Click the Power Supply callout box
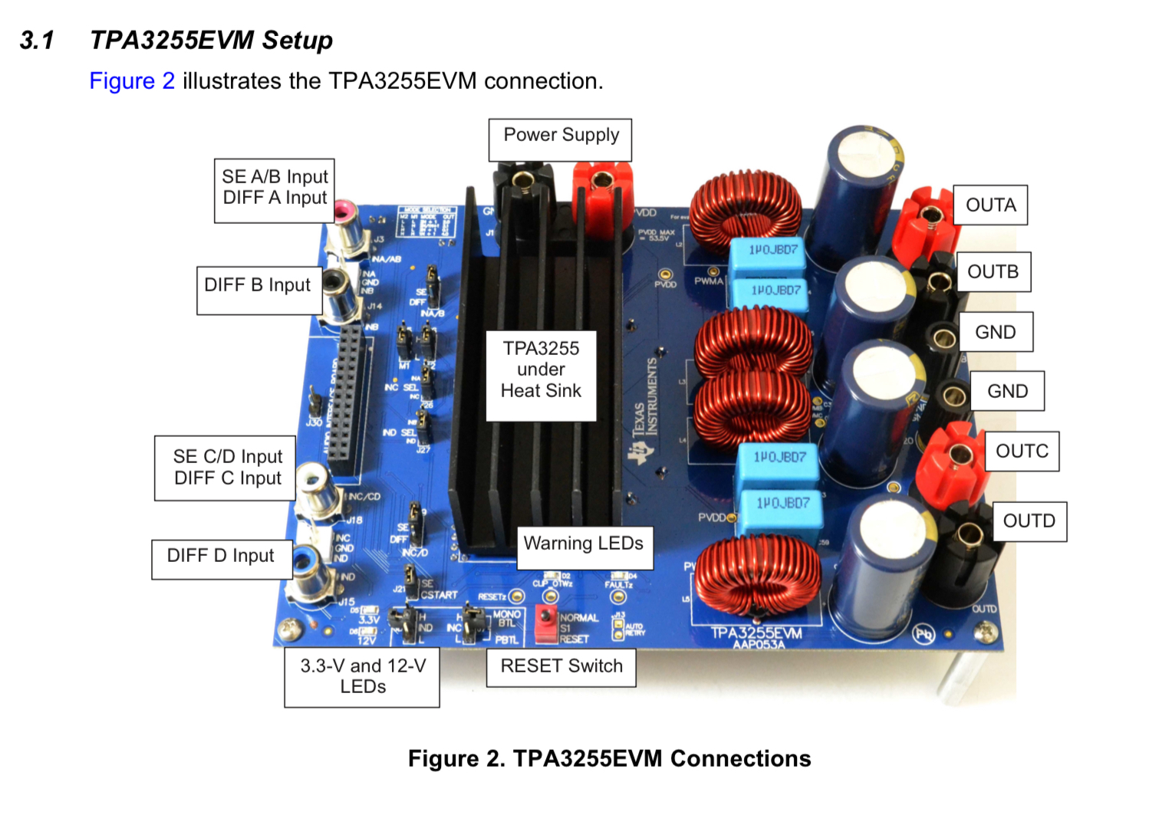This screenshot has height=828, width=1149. [561, 140]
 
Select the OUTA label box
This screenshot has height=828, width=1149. [990, 205]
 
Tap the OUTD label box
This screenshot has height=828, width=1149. [1029, 521]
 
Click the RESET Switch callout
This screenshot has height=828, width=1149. [561, 666]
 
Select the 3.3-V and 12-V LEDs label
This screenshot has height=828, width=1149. [362, 676]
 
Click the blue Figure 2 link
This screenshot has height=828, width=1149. [132, 81]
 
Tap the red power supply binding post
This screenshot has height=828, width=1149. [601, 184]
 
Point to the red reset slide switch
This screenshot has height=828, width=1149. [545, 618]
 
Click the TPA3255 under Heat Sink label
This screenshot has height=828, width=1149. [541, 370]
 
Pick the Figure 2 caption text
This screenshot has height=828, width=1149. [609, 759]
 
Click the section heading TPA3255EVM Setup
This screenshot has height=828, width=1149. [211, 40]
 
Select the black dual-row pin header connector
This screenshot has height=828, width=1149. [347, 399]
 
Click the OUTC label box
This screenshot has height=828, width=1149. [1022, 452]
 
